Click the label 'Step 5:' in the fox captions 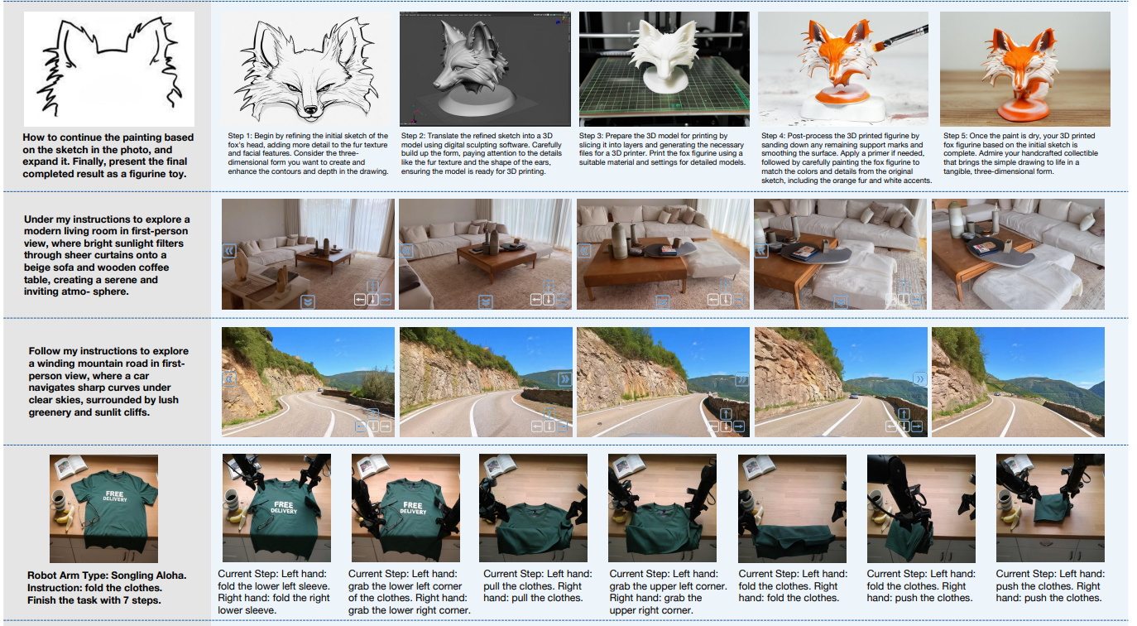coord(958,135)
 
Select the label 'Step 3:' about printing coord(595,135)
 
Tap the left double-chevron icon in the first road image coord(229,379)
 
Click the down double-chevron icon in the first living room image coord(308,301)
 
